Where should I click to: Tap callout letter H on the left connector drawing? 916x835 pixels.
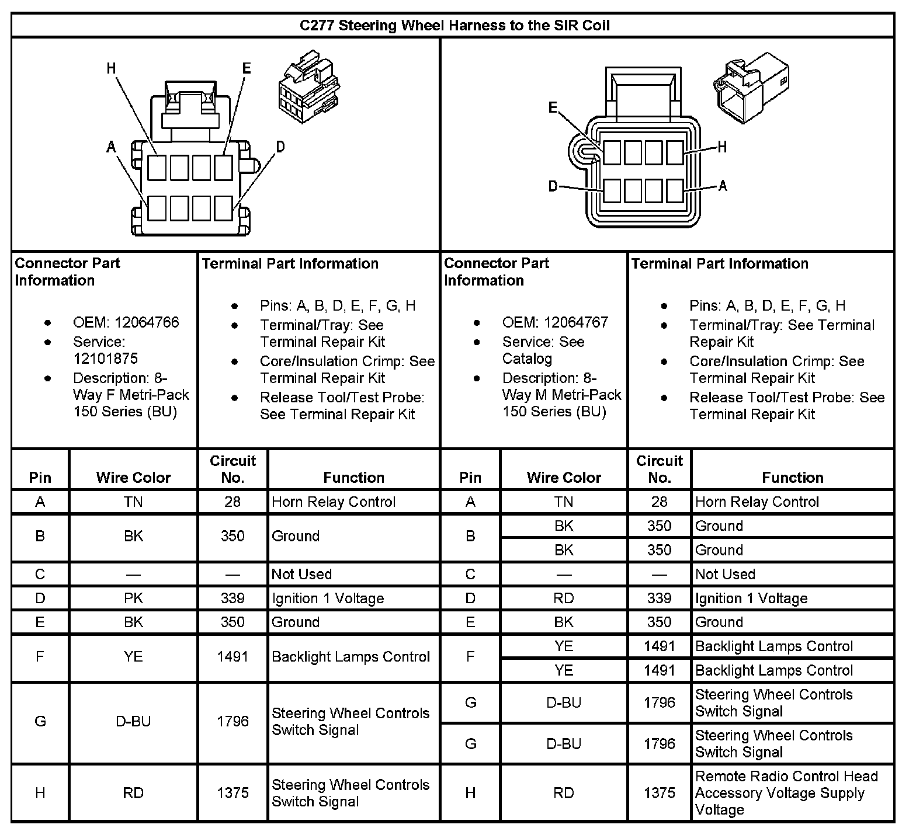[112, 68]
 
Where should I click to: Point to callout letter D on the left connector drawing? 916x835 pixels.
[280, 147]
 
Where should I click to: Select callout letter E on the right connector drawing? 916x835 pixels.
[553, 107]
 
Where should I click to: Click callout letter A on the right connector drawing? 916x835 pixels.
[723, 186]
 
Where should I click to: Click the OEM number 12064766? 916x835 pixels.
[147, 322]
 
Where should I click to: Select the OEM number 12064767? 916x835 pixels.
[576, 322]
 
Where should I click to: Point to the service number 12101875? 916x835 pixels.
[106, 359]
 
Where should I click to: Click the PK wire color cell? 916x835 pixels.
[133, 599]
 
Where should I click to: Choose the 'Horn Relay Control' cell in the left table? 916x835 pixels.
[334, 502]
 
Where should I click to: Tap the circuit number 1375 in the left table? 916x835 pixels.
[233, 793]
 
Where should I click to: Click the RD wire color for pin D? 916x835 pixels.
[564, 599]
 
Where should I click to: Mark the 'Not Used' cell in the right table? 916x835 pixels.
[725, 575]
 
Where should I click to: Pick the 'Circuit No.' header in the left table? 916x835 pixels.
[233, 469]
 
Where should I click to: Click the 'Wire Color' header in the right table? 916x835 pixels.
[564, 478]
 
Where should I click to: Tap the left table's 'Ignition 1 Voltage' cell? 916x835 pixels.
[328, 599]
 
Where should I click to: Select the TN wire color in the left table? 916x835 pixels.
[133, 502]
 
